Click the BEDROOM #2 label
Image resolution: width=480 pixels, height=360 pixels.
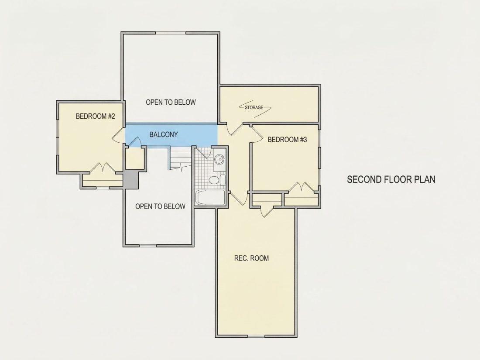95,117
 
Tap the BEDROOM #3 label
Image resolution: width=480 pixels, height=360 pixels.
287,140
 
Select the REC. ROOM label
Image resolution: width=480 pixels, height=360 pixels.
251,258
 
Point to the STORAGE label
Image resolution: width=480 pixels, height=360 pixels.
254,107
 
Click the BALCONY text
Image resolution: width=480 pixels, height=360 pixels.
164,135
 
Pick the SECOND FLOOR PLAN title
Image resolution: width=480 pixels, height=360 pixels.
391,179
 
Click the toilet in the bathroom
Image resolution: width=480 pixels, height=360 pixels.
216,180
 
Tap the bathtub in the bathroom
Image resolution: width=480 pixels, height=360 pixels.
211,197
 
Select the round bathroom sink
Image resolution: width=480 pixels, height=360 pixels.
219,159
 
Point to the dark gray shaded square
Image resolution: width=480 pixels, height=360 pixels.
131,180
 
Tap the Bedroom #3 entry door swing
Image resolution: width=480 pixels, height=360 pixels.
257,134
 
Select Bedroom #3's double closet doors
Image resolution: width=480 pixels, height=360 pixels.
301,188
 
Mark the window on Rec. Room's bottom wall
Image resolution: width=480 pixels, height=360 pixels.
256,336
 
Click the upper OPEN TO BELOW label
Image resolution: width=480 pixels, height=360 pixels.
171,102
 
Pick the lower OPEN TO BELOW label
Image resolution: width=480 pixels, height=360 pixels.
160,207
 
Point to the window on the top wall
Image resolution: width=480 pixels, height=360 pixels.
171,33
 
